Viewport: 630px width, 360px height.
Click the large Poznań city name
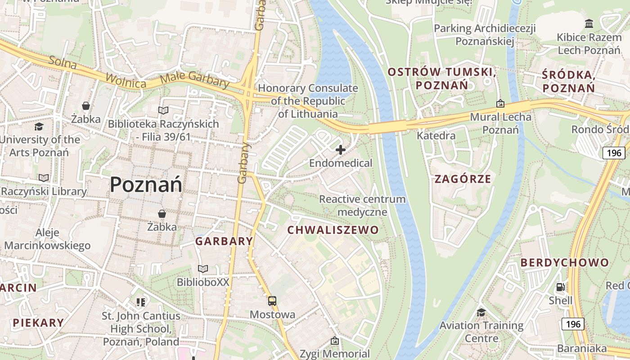pyautogui.click(x=146, y=184)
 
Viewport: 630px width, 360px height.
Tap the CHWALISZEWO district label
pyautogui.click(x=333, y=230)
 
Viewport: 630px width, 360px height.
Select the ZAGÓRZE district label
pyautogui.click(x=463, y=179)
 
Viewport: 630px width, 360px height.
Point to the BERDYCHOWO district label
pyautogui.click(x=565, y=262)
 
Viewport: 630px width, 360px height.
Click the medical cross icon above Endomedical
pyautogui.click(x=341, y=149)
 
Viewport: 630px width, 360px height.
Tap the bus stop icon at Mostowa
pyautogui.click(x=272, y=301)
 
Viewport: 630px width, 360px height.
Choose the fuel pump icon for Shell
pyautogui.click(x=560, y=287)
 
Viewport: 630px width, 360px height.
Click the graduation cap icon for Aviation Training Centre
pyautogui.click(x=481, y=312)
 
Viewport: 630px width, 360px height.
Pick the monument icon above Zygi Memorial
pyautogui.click(x=334, y=341)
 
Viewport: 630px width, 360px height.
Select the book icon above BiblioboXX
pyautogui.click(x=203, y=269)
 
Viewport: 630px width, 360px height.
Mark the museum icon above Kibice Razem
pyautogui.click(x=589, y=23)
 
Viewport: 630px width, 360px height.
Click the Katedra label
pyautogui.click(x=436, y=135)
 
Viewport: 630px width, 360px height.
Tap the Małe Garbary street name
pyautogui.click(x=195, y=81)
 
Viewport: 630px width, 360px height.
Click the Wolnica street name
pyautogui.click(x=126, y=81)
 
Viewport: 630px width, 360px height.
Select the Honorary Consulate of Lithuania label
pyautogui.click(x=308, y=101)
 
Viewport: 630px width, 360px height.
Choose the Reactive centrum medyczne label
pyautogui.click(x=362, y=205)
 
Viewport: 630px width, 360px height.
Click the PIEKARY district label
pyautogui.click(x=38, y=323)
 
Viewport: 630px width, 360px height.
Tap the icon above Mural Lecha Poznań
pyautogui.click(x=500, y=104)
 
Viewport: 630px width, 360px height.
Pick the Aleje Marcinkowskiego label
pyautogui.click(x=47, y=239)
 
